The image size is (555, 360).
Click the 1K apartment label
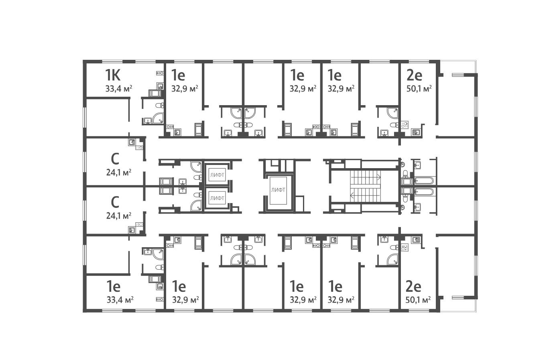click(x=114, y=75)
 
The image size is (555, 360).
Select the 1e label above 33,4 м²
click(x=114, y=287)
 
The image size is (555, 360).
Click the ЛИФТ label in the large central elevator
click(x=278, y=190)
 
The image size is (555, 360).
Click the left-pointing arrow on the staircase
click(x=353, y=196)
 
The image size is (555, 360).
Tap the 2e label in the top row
click(x=414, y=75)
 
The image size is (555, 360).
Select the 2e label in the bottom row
click(x=413, y=287)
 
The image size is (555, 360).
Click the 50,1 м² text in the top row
click(x=418, y=89)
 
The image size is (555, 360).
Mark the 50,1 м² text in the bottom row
click(x=418, y=299)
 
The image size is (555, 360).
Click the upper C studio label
click(x=115, y=159)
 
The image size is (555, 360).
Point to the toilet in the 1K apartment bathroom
click(x=159, y=106)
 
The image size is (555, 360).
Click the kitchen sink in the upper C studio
click(x=131, y=142)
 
